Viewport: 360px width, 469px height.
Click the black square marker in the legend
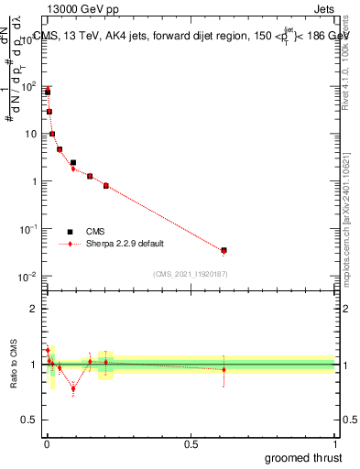tap(70, 232)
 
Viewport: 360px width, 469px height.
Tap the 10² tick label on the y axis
tap(27, 86)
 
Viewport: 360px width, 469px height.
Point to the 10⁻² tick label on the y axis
tap(27, 277)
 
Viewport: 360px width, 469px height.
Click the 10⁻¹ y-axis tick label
tap(27, 229)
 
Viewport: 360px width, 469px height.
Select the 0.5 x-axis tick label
tap(191, 444)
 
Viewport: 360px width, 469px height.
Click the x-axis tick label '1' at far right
tap(334, 444)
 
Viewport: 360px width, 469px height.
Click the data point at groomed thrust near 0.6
tap(224, 250)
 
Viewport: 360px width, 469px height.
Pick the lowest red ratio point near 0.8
tap(73, 388)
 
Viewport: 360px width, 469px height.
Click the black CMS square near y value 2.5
tap(73, 163)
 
